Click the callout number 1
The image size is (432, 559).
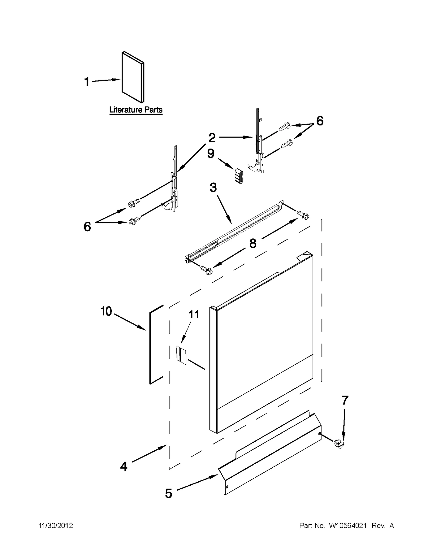(x=87, y=82)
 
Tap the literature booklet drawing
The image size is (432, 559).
(x=133, y=77)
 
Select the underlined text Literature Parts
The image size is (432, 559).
(x=136, y=110)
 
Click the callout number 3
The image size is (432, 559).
(x=213, y=187)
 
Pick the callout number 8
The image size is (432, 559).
(x=253, y=243)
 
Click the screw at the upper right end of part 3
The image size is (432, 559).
(x=303, y=215)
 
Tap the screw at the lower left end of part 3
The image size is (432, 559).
(x=207, y=270)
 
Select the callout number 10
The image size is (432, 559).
(x=106, y=311)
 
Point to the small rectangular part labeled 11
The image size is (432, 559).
(x=181, y=355)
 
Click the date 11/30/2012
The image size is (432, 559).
(x=56, y=526)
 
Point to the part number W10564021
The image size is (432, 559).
(x=347, y=526)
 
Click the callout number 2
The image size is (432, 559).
(x=212, y=138)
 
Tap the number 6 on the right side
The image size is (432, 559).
(x=320, y=121)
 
